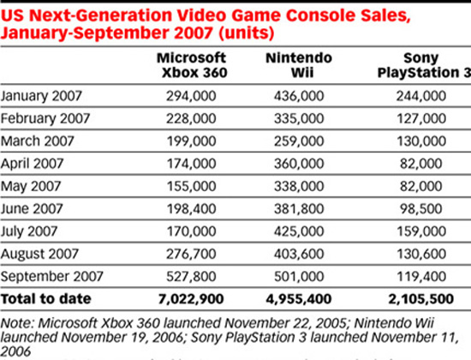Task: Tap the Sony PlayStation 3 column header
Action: [414, 65]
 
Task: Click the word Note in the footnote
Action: [18, 323]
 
